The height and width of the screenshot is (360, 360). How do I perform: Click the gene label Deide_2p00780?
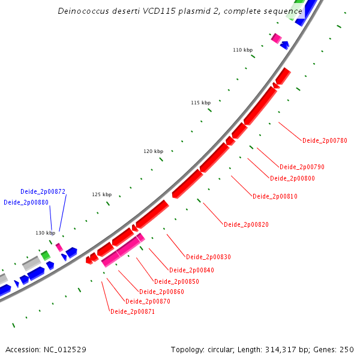325,140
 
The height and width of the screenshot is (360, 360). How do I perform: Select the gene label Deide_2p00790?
302,167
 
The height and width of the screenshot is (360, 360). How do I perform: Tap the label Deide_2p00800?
292,179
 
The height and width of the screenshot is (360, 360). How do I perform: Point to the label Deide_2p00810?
275,197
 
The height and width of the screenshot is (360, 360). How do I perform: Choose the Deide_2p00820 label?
246,224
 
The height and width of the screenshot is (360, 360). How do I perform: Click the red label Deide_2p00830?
208,257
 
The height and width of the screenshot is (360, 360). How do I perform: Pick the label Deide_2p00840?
191,271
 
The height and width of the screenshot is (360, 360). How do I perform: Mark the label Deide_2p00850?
176,282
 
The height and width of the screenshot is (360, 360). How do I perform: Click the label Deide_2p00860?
161,292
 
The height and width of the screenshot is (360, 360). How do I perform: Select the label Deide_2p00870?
148,302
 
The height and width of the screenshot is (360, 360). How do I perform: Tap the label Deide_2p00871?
133,312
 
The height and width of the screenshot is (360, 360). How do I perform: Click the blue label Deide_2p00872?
43,192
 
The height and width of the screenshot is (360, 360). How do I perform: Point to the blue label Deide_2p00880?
26,203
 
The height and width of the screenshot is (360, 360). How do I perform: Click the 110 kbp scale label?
243,50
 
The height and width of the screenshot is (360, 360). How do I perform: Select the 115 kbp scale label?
201,103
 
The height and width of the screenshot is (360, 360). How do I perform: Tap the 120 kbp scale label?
154,152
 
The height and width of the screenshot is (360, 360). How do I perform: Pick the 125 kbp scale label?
102,195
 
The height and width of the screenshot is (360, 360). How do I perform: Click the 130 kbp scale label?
45,233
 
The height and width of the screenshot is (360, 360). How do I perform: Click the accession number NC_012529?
62,349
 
